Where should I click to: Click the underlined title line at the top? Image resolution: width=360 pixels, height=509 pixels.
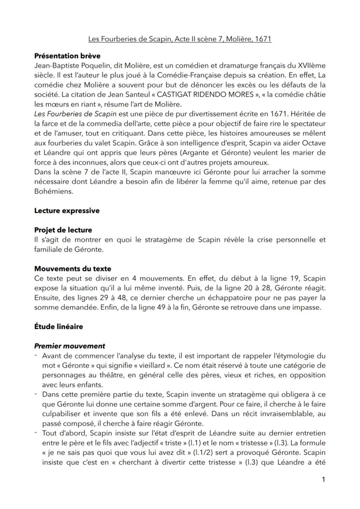[x=180, y=39]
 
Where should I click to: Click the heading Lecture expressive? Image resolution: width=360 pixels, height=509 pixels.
[x=67, y=211]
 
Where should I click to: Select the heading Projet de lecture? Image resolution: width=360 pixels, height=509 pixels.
[x=63, y=230]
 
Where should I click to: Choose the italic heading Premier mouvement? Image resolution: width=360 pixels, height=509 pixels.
[x=70, y=346]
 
